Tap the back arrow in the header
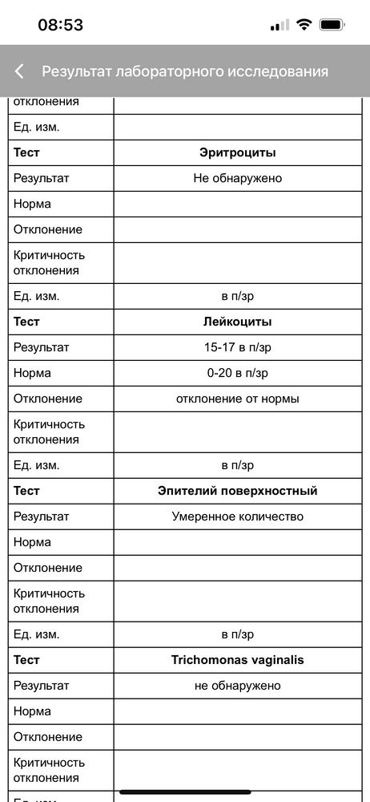point(19,71)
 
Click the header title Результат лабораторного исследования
point(185,71)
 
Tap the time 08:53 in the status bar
point(61,25)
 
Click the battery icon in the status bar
point(332,25)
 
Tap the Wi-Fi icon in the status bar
point(304,25)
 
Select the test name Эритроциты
point(237,152)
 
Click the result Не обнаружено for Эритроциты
point(237,178)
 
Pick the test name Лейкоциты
point(237,322)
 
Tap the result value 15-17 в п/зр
point(237,347)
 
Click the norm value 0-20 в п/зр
point(237,373)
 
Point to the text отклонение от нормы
point(237,399)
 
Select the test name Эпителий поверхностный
point(237,491)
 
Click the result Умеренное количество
point(237,516)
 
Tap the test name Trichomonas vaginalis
point(237,660)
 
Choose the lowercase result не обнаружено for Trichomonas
point(237,686)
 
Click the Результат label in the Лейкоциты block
point(42,347)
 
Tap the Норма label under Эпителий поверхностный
point(32,542)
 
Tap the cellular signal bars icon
point(280,25)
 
